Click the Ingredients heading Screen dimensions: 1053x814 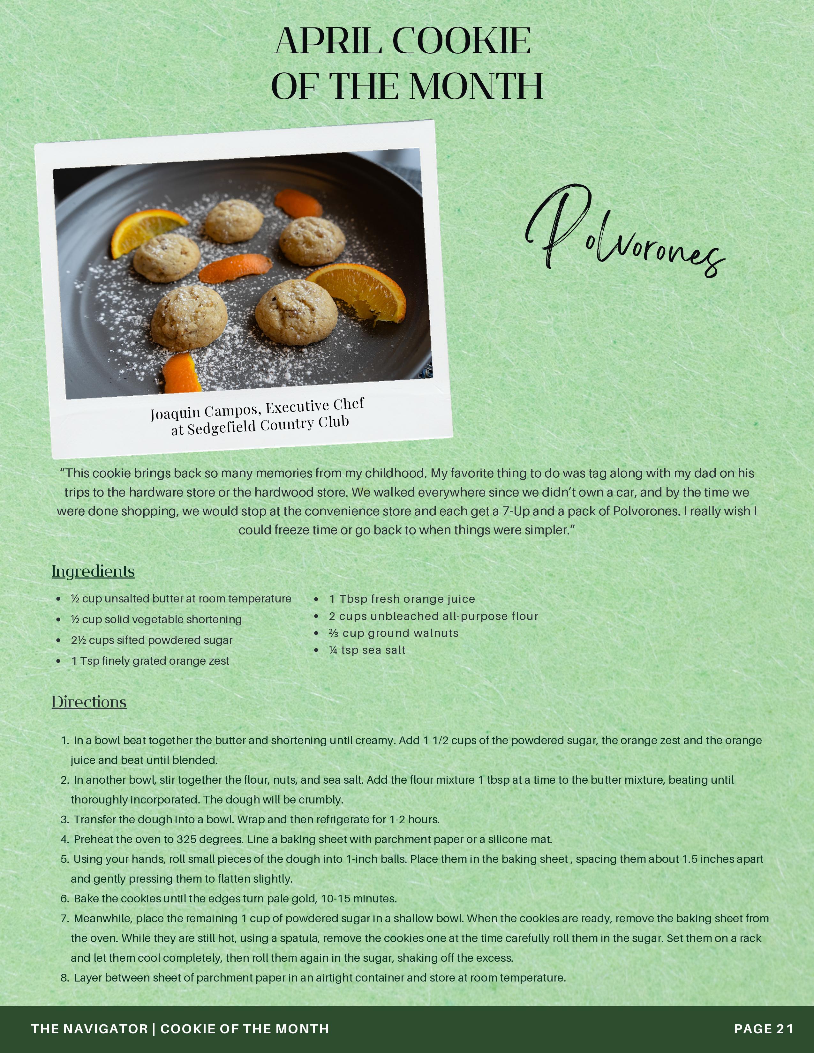tap(93, 571)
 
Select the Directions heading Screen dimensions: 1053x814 tap(89, 702)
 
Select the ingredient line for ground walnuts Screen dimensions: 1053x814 tap(394, 633)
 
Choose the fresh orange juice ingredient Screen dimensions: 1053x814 tap(402, 599)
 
